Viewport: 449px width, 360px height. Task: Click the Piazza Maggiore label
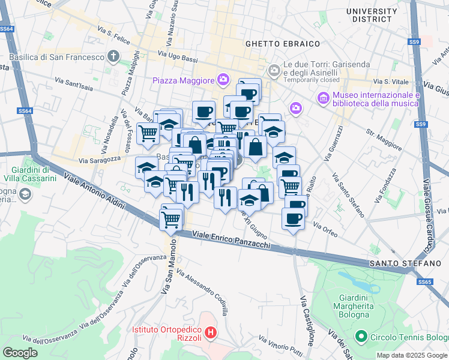183,80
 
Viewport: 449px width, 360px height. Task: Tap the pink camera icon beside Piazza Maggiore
223,79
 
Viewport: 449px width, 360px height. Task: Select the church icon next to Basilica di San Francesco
114,57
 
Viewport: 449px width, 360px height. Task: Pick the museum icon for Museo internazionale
322,97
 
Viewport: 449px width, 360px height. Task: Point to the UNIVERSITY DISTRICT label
380,16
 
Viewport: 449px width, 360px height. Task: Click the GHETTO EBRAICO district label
282,44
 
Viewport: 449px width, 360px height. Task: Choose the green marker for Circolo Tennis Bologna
361,337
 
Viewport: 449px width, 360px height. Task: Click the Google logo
20,353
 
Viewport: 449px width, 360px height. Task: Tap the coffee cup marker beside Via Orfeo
293,219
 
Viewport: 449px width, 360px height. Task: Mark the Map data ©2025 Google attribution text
412,355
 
